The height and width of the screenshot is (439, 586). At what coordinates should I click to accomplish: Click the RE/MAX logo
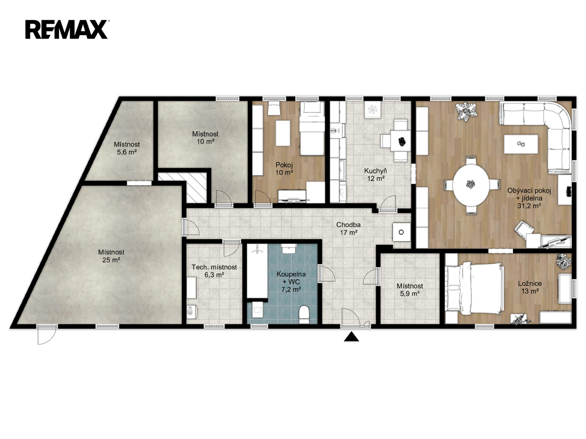tap(66, 29)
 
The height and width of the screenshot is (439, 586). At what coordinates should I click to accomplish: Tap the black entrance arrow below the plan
tap(351, 337)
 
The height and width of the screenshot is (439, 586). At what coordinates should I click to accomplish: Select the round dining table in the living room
tap(471, 185)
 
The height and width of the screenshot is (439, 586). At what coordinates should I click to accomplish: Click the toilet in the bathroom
tap(304, 314)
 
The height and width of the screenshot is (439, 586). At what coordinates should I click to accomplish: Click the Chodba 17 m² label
tap(348, 228)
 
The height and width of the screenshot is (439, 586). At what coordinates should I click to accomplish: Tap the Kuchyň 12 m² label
tap(376, 175)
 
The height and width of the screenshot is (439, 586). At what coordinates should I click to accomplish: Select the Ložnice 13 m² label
tap(530, 287)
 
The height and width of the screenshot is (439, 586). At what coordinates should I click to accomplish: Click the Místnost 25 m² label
tap(111, 256)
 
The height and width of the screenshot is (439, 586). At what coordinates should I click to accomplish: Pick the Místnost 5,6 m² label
tap(127, 148)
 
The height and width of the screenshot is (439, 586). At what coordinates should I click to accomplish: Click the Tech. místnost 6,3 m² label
tap(214, 271)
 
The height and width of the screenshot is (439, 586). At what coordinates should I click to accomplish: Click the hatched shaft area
tap(196, 187)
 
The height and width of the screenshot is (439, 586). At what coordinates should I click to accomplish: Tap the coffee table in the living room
tap(521, 144)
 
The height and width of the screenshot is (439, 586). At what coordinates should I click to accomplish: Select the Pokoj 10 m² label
tap(284, 168)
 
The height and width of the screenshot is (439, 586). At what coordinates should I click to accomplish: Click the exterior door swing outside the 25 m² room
tap(46, 335)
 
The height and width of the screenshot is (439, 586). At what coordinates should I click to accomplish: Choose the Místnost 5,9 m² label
tap(410, 290)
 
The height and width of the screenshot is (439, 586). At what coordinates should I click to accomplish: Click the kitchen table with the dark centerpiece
tap(400, 141)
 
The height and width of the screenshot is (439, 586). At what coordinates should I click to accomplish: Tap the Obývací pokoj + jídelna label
tap(529, 198)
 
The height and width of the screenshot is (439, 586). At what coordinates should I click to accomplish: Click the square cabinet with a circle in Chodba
tap(401, 232)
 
